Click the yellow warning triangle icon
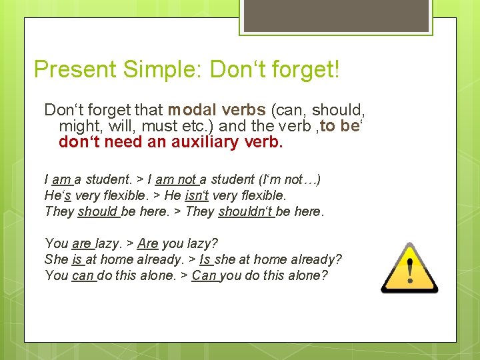click(409, 268)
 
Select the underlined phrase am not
click(177, 179)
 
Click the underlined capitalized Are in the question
click(148, 243)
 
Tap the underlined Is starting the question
click(205, 259)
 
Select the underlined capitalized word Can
click(205, 275)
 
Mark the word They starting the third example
click(59, 211)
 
